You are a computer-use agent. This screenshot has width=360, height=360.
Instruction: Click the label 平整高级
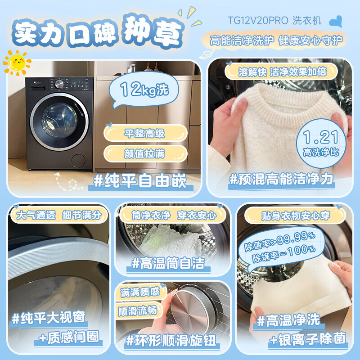click(x=144, y=133)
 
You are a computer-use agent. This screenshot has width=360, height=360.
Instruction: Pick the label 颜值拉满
click(x=144, y=153)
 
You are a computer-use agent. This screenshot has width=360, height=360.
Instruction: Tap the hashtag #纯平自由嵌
click(x=139, y=180)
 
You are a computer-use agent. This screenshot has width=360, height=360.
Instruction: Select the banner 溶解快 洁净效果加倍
click(x=282, y=72)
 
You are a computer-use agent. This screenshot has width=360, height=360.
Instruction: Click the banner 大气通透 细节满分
click(x=58, y=215)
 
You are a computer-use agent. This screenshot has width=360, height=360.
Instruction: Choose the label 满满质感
click(x=139, y=292)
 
